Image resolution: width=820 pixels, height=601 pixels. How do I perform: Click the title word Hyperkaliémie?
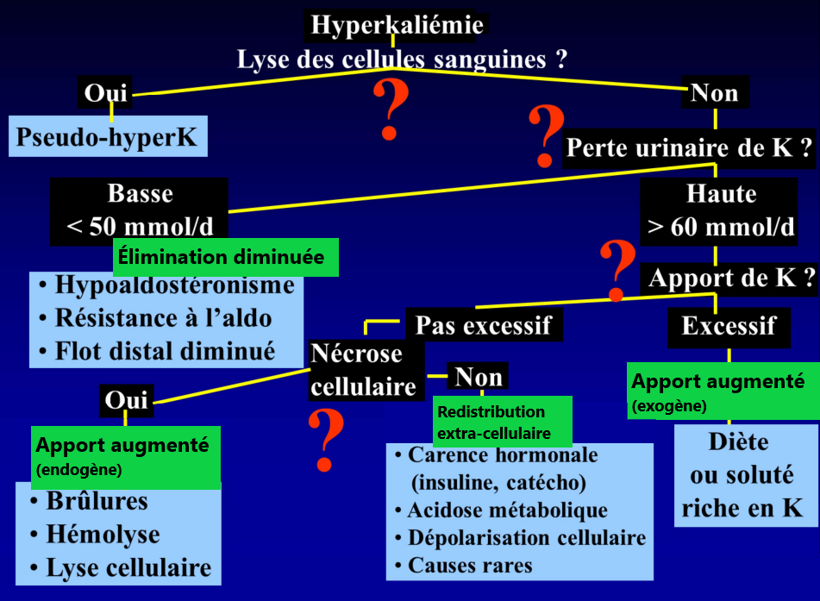pyautogui.click(x=397, y=25)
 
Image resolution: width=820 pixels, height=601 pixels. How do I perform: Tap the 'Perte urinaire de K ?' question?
pyautogui.click(x=689, y=148)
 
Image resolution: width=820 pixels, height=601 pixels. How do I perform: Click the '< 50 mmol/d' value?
pyautogui.click(x=141, y=227)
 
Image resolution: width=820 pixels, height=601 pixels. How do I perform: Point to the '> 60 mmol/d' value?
pyautogui.click(x=721, y=227)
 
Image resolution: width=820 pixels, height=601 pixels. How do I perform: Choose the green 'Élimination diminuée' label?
pyautogui.click(x=222, y=257)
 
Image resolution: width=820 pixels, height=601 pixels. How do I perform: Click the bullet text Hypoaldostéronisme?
pyautogui.click(x=173, y=285)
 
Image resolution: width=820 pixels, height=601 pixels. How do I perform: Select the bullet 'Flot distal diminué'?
pyautogui.click(x=164, y=350)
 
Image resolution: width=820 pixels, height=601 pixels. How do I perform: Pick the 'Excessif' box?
pyautogui.click(x=728, y=326)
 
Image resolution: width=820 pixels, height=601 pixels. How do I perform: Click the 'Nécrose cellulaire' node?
pyautogui.click(x=362, y=370)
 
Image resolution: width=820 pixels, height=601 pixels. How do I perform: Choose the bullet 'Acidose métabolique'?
pyautogui.click(x=507, y=510)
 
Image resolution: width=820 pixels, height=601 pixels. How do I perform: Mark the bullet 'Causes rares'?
pyautogui.click(x=470, y=566)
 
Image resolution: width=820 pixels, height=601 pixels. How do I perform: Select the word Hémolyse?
pyautogui.click(x=103, y=535)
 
